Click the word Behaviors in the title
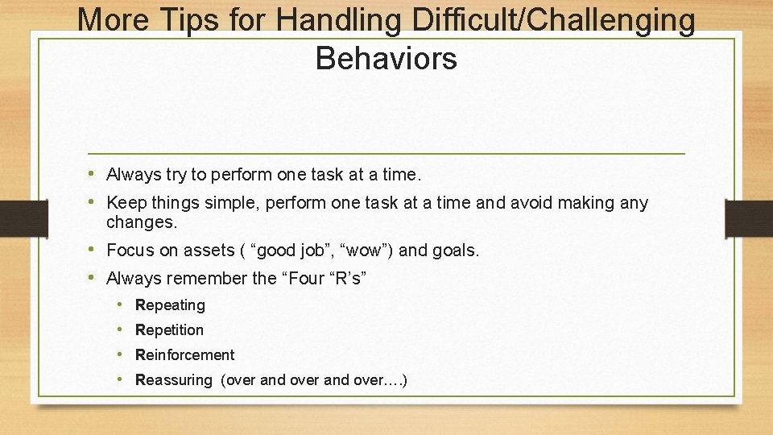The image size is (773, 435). click(386, 58)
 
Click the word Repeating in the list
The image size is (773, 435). click(170, 305)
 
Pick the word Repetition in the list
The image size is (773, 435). click(169, 330)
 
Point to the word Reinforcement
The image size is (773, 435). click(184, 355)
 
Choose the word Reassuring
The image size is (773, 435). click(173, 380)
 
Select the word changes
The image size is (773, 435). click(141, 222)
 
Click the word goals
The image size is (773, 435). click(457, 251)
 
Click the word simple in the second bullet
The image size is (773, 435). click(237, 203)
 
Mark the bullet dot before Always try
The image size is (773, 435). click(94, 174)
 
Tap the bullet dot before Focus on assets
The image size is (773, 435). click(94, 250)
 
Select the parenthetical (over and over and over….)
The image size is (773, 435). click(314, 380)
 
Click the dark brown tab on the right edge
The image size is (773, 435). click(748, 218)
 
